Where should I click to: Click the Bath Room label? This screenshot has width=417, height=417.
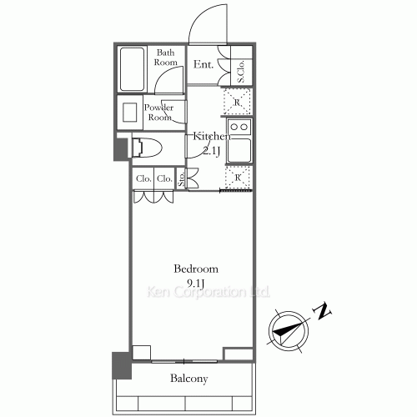coord(166,57)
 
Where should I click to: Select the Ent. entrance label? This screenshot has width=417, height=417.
coord(203,63)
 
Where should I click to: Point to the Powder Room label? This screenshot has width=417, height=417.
coord(159,112)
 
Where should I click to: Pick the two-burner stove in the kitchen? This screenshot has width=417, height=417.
coord(239,128)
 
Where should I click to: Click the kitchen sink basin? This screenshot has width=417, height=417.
coord(239,151)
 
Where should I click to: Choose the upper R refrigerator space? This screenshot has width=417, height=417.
coord(238,102)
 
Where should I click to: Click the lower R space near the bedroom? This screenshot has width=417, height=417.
coord(238,177)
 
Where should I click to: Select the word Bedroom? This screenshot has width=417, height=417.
coord(196,269)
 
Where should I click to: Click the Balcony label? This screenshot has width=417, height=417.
coord(190,379)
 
